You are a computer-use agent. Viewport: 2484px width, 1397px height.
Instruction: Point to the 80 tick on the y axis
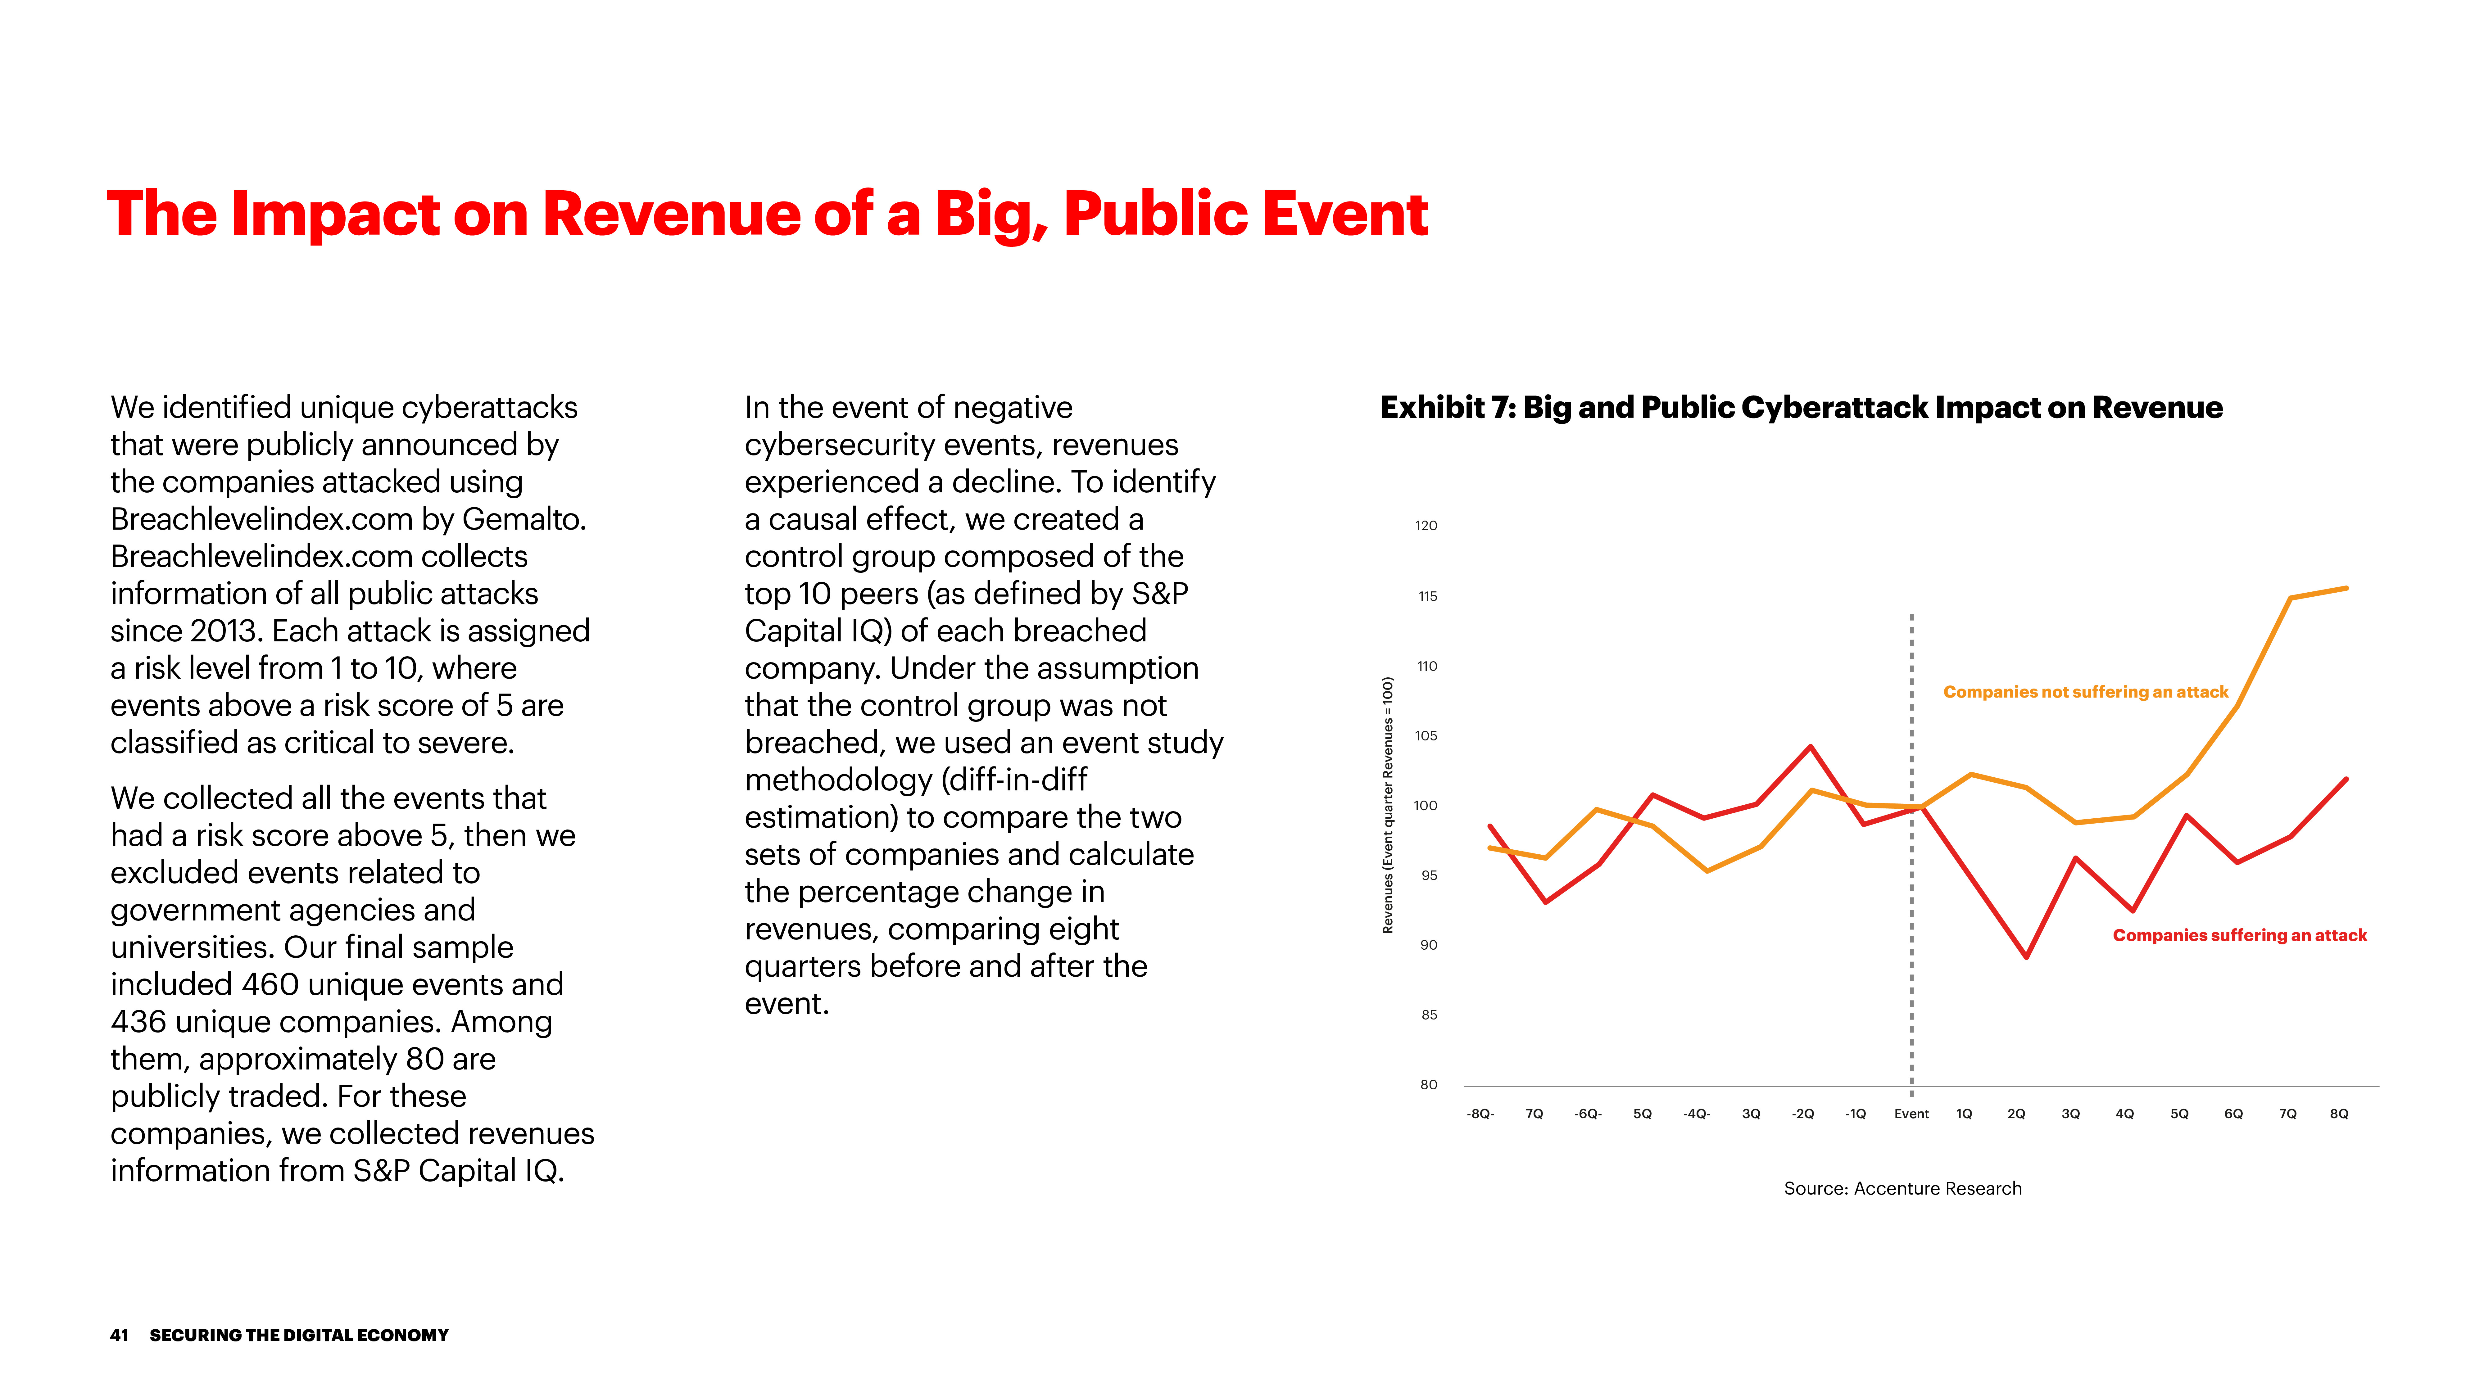tap(1428, 1085)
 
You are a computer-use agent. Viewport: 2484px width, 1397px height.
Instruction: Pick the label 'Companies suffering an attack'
tap(2239, 935)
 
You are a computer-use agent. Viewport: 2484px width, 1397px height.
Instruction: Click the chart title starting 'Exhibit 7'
tap(1800, 408)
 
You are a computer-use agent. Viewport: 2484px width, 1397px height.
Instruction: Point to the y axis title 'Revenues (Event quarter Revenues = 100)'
tap(1388, 805)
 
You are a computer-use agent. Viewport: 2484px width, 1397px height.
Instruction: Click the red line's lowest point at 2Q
tap(2026, 956)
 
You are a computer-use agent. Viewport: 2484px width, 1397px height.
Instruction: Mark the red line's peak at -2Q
tap(1811, 746)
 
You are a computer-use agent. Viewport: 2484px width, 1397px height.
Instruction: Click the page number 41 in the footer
tap(119, 1335)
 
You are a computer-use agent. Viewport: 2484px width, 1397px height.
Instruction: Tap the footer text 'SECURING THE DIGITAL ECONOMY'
tap(299, 1335)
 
